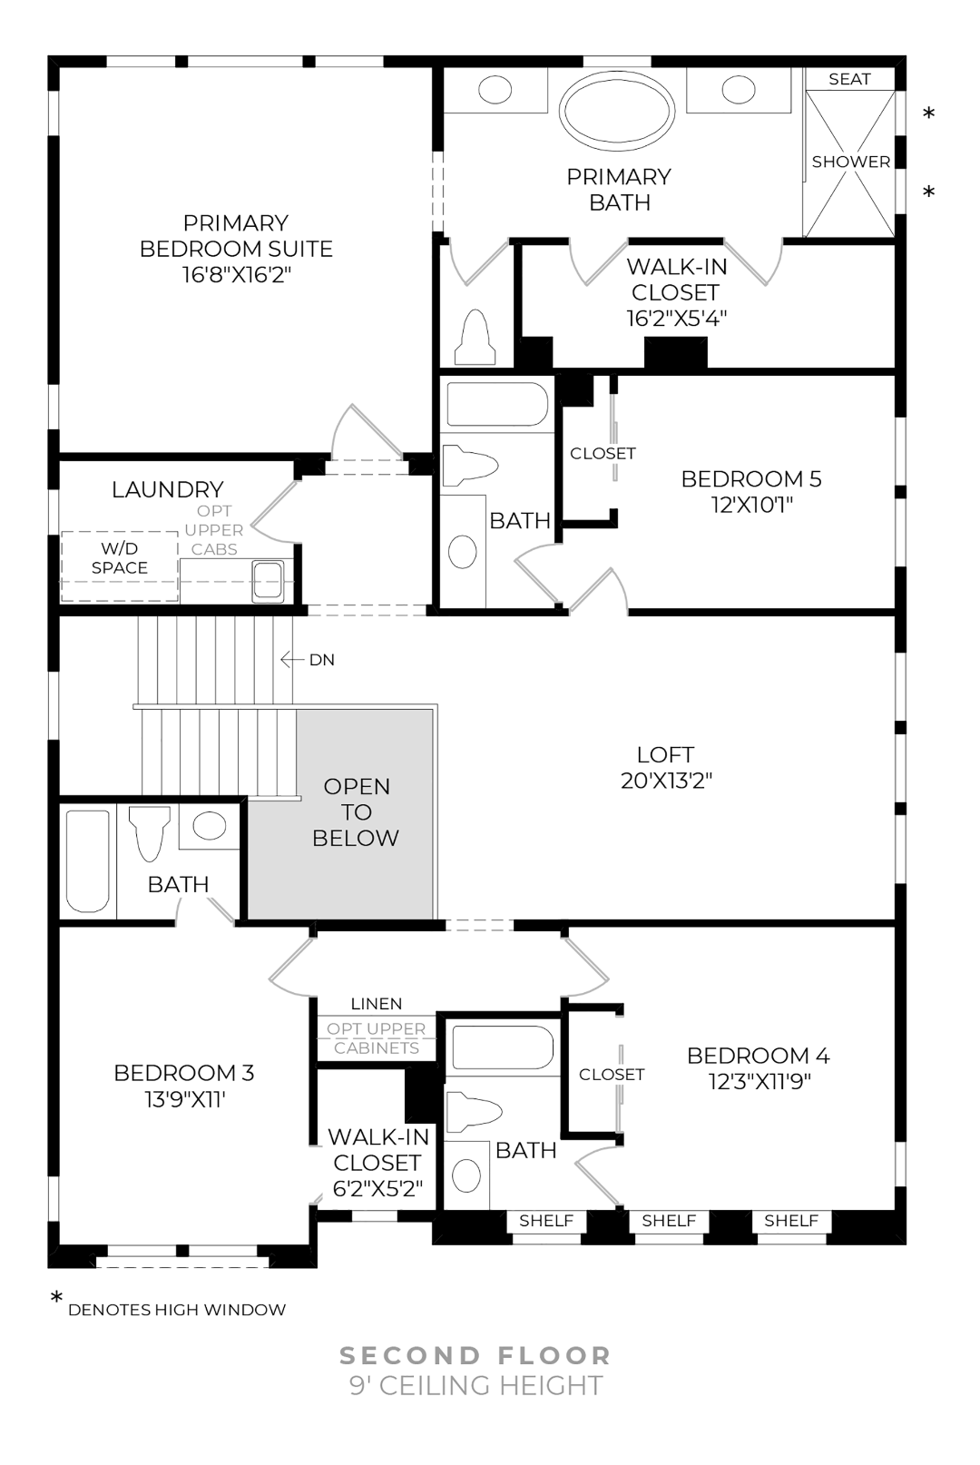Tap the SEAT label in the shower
click(x=849, y=79)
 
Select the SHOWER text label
click(x=850, y=162)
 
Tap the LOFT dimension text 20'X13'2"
click(x=666, y=781)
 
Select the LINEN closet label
click(x=376, y=1003)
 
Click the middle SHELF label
click(x=669, y=1221)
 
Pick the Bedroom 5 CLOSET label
click(x=603, y=453)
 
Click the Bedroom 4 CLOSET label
click(x=612, y=1074)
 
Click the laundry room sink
click(x=268, y=580)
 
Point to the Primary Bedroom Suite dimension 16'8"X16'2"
click(x=236, y=274)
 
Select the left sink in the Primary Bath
click(x=495, y=89)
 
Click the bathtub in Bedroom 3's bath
click(x=88, y=860)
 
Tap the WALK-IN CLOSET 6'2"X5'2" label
click(x=377, y=1163)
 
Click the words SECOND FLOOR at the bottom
click(x=475, y=1355)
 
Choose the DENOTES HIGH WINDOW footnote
click(x=177, y=1310)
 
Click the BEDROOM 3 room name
click(x=183, y=1073)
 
